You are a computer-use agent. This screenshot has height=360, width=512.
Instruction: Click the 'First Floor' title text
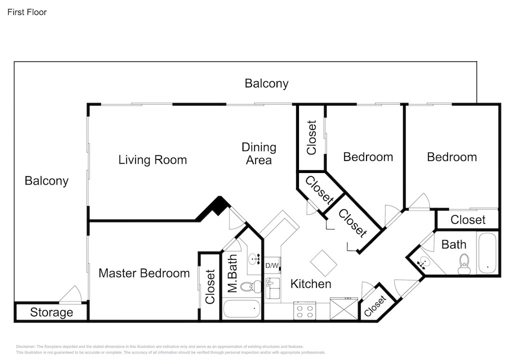[x=27, y=12]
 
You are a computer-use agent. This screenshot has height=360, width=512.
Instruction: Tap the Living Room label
[x=152, y=159]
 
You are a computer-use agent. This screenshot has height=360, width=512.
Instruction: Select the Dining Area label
[x=259, y=153]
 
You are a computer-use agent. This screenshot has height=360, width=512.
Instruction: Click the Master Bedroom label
[x=144, y=273]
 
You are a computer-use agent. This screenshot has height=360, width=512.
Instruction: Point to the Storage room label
[x=51, y=312]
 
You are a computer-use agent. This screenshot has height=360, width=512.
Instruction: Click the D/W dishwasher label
[x=271, y=265]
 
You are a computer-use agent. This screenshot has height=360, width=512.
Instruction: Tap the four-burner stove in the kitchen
[x=304, y=310]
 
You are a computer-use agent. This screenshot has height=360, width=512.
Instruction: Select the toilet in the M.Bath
[x=251, y=287]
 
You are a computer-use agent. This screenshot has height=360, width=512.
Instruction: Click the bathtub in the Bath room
[x=487, y=253]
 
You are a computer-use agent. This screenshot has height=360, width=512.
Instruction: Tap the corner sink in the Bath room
[x=423, y=261]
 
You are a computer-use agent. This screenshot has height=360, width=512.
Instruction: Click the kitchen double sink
[x=272, y=288]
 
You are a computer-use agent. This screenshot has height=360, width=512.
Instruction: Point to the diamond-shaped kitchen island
[x=323, y=263]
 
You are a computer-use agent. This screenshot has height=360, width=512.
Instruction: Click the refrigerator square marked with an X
[x=344, y=309]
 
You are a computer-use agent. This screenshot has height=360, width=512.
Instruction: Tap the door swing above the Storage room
[x=71, y=294]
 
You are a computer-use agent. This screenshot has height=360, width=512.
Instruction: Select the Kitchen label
[x=311, y=284]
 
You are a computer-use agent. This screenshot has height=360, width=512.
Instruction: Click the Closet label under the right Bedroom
[x=468, y=220]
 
